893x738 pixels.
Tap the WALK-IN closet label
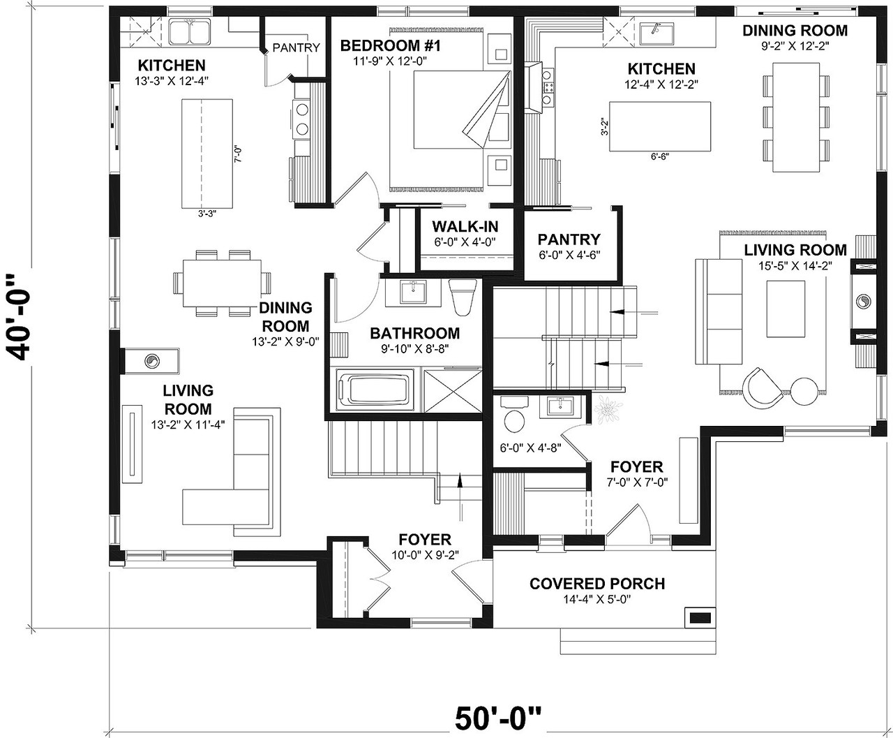pos(464,227)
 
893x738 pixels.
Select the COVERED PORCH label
pos(596,584)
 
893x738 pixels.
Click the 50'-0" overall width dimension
pos(498,717)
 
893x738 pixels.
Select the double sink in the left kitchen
pos(190,32)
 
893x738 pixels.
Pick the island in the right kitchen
pos(660,126)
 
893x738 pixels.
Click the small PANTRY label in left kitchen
pos(296,47)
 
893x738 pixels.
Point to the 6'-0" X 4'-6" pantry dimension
pos(569,256)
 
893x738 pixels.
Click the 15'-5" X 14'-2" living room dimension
pos(795,265)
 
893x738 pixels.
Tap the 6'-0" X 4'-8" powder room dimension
pos(531,447)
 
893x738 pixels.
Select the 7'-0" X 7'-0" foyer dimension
pos(636,482)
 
